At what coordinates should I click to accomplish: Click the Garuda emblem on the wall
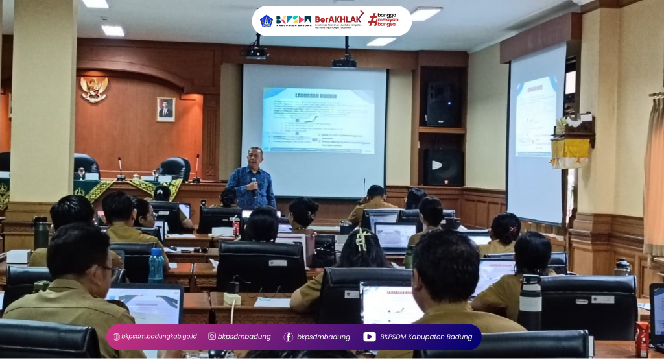[x=94, y=89]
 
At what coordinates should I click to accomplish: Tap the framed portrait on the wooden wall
[x=166, y=109]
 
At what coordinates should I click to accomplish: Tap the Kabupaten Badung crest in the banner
[x=266, y=21]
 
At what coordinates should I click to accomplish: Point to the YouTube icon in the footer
[x=369, y=337]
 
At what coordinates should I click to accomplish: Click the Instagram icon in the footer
[x=212, y=337]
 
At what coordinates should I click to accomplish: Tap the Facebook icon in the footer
[x=289, y=337]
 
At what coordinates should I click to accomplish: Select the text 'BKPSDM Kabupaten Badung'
[x=426, y=337]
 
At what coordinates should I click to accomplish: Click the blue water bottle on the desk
[x=156, y=265]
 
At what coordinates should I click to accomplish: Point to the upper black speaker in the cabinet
[x=442, y=104]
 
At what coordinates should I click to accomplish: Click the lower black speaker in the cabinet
[x=443, y=167]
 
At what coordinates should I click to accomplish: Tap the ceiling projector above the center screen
[x=344, y=62]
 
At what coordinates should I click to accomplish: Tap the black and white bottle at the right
[x=530, y=302]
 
